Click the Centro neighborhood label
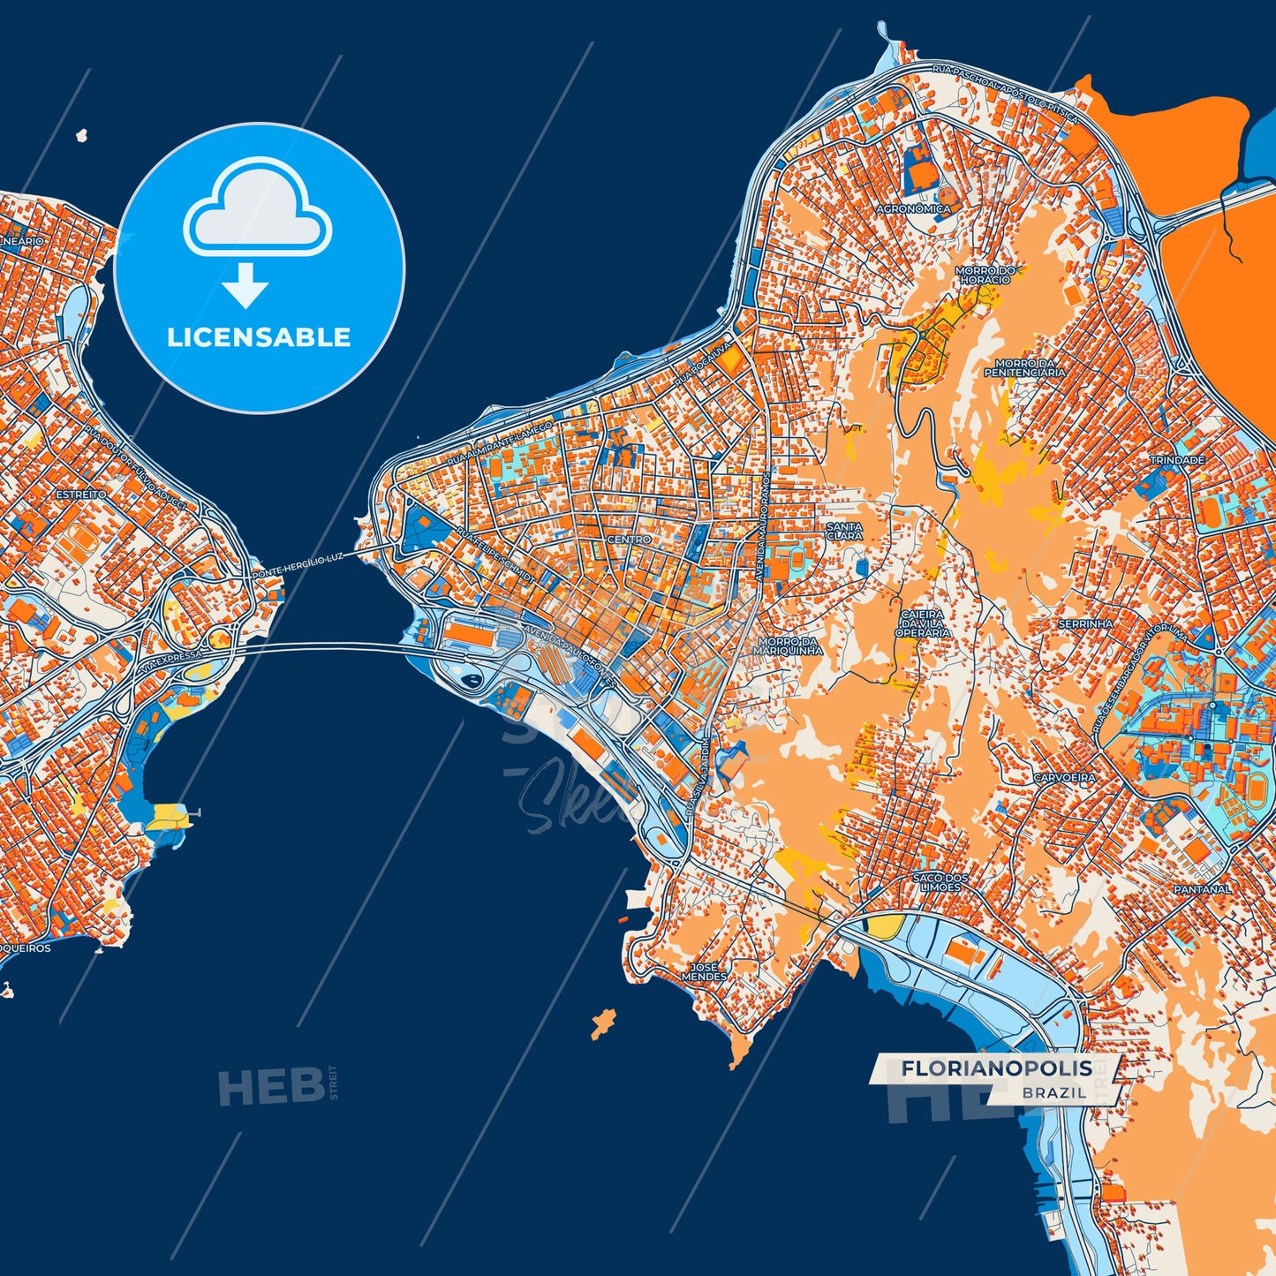[629, 539]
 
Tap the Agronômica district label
[913, 209]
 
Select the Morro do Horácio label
[985, 275]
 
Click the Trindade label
[1176, 460]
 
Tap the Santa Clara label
[844, 531]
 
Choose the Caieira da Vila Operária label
[923, 623]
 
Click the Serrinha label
[1085, 623]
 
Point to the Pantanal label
[1202, 889]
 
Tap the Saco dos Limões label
[940, 882]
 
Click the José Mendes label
[705, 971]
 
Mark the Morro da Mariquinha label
[788, 646]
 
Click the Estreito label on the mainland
[81, 495]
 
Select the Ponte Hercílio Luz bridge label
[298, 566]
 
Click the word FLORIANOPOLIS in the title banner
[996, 1068]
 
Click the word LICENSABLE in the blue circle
[259, 337]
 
